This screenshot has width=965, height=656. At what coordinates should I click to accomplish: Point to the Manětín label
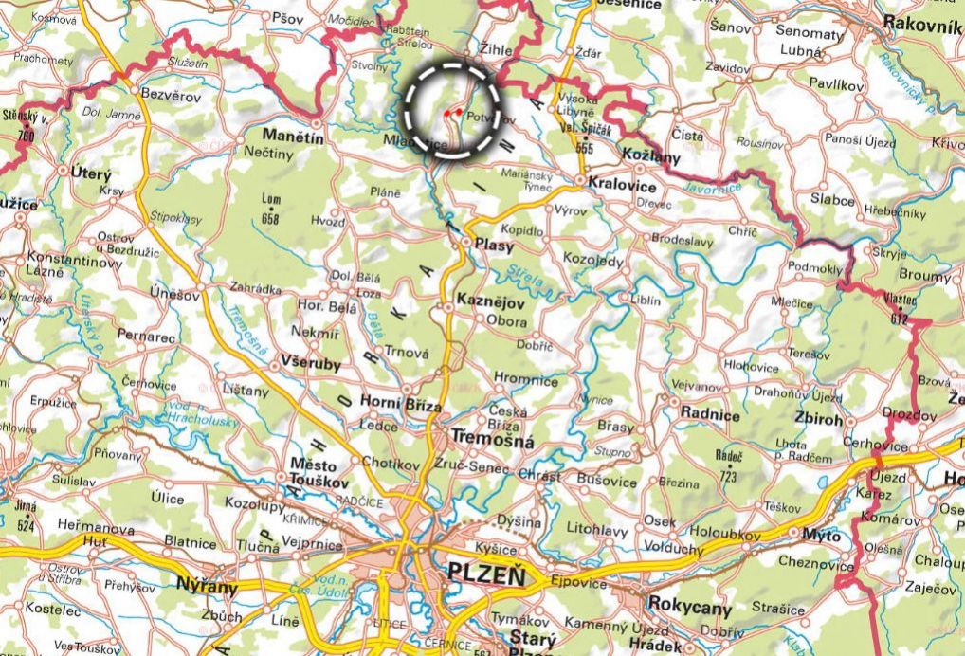click(293, 137)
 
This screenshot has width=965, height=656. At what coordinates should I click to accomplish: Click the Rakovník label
click(920, 27)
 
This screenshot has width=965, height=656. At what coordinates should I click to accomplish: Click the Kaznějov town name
click(492, 300)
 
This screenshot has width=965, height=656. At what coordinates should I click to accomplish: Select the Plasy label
click(494, 246)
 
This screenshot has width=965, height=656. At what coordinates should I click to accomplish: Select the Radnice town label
click(710, 414)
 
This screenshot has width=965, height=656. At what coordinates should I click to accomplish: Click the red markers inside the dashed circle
click(452, 112)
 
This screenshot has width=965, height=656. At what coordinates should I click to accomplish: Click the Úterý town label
click(91, 174)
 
